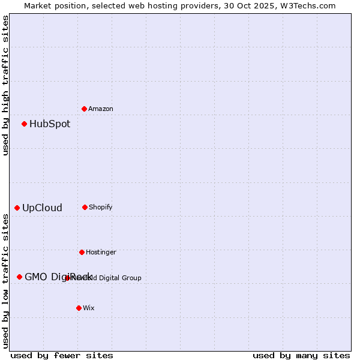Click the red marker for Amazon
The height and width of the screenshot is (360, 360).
point(85,109)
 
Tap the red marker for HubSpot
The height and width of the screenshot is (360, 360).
point(25,124)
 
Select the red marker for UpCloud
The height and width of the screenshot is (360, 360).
point(17,208)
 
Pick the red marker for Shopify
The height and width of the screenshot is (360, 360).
point(85,207)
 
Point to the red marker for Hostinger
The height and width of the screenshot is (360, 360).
point(82,252)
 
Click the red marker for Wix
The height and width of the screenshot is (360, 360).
point(79,308)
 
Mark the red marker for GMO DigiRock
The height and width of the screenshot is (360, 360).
point(20,277)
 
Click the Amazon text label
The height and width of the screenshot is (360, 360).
point(101,109)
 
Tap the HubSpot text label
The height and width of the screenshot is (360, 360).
point(50,124)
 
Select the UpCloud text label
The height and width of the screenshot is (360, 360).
point(42,208)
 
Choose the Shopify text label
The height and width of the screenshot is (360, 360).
point(101,207)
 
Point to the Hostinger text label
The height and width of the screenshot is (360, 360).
point(101,252)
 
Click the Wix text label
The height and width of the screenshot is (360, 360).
point(89,308)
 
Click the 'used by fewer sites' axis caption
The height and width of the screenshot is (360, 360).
point(62,355)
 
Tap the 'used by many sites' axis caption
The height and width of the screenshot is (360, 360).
point(301,355)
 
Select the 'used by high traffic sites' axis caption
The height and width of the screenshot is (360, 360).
point(5,85)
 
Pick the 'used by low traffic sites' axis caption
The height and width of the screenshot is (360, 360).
point(5,281)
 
